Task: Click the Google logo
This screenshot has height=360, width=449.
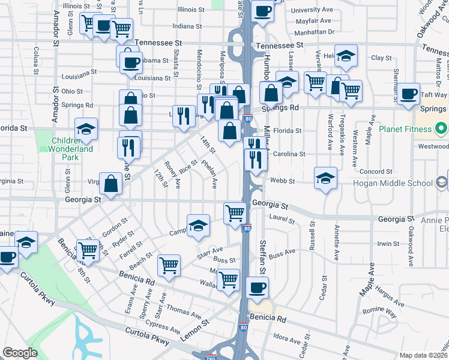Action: pyautogui.click(x=20, y=353)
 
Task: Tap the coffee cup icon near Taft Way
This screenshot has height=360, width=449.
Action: pyautogui.click(x=409, y=94)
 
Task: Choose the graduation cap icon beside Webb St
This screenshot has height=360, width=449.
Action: pyautogui.click(x=325, y=178)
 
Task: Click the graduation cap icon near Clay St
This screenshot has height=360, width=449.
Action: pyautogui.click(x=345, y=56)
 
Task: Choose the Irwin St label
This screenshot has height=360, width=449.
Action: pyautogui.click(x=388, y=244)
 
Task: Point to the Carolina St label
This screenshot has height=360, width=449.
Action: pyautogui.click(x=289, y=154)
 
